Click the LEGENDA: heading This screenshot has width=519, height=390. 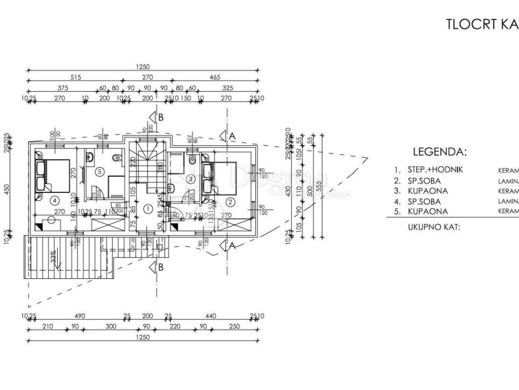pos(439,151)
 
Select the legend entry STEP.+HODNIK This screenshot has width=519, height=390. pos(435,170)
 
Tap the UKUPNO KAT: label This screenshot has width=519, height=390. pos(433,227)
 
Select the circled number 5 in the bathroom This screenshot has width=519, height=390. pos(99,172)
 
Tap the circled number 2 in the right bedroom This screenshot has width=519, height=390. pos(230,202)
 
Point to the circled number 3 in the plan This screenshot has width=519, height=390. pos(190,179)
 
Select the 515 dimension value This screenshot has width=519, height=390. pos(76,78)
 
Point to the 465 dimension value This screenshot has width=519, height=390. pos(215,78)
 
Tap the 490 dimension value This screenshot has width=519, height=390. pos(80,316)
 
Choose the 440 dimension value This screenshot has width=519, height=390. pos(211,316)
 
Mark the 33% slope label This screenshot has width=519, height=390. pos(52,256)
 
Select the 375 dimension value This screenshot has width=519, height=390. pos(63,87)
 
